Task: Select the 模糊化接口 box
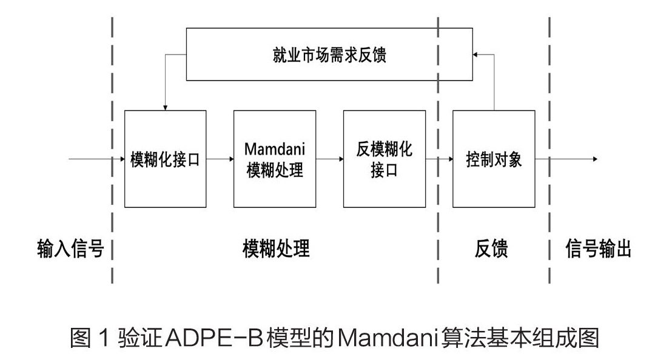(165, 159)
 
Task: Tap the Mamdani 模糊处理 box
(275, 159)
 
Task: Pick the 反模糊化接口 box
(384, 159)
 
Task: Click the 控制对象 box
(494, 159)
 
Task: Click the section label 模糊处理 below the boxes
(276, 248)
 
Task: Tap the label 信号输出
(598, 248)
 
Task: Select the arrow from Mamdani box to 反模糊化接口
(329, 159)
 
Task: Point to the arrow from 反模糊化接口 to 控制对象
(438, 159)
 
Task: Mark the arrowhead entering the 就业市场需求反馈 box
(476, 54)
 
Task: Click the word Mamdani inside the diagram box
(275, 149)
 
